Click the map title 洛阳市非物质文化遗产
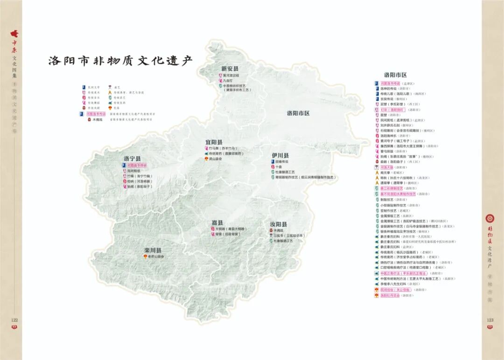point(120,61)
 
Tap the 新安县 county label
point(230,69)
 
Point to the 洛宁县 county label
point(132,159)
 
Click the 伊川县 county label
point(280,155)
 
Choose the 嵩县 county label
point(217,223)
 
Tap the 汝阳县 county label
point(279,224)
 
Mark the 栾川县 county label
point(153,250)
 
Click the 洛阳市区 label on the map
point(298,113)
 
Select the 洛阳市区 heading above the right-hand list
point(395,75)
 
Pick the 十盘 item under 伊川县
point(278,166)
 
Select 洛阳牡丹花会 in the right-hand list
point(390,295)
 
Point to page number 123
point(490,320)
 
